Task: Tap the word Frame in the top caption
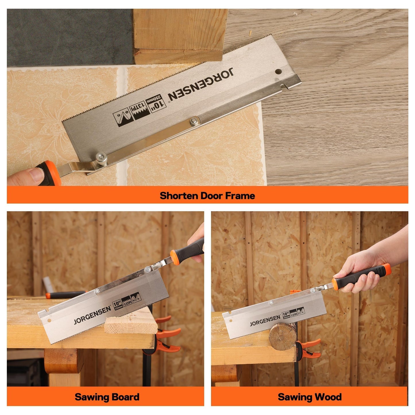pos(240,196)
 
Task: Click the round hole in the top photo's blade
pos(277,72)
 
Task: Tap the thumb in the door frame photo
pos(34,174)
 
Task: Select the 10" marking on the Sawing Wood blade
pos(286,314)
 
